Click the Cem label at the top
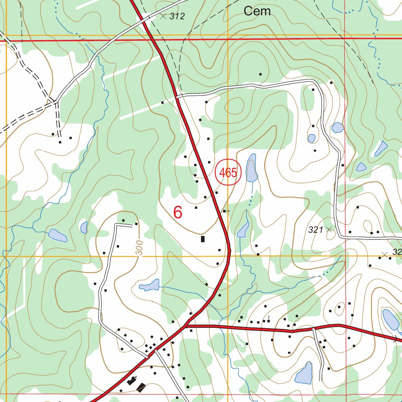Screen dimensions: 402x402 pos(257,11)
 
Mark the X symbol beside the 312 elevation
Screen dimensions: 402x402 pos(163,16)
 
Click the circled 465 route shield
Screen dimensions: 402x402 pos(228,173)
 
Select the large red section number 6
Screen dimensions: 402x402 pos(178,212)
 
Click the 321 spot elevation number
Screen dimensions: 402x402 pos(315,230)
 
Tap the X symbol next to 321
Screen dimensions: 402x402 pos(329,229)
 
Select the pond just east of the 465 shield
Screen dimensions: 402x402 pos(251,168)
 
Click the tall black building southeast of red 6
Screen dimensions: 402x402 pos(203,239)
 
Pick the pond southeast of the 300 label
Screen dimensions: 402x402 pos(150,285)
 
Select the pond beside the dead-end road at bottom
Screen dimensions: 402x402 pos(304,374)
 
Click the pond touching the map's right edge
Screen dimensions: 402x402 pos(391,320)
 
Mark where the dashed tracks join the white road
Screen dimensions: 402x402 pos(57,102)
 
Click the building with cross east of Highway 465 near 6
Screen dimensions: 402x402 pos(225,211)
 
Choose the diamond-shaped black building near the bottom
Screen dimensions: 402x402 pos(141,388)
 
